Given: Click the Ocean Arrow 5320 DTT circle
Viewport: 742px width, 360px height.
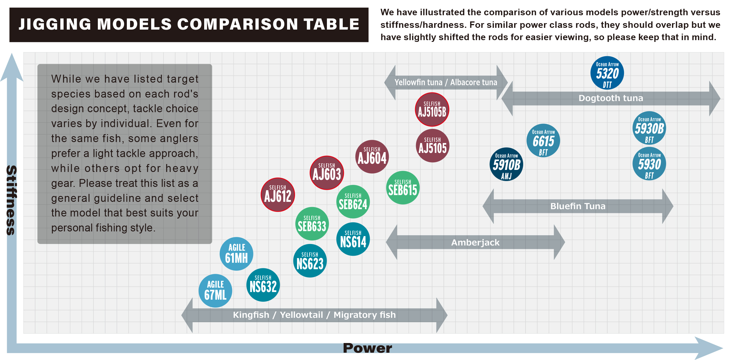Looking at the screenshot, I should (x=607, y=73).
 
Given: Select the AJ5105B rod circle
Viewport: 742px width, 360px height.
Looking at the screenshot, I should (x=432, y=110).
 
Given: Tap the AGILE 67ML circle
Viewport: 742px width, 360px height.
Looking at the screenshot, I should (x=215, y=291).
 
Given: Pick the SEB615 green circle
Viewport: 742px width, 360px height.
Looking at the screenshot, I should (x=403, y=188).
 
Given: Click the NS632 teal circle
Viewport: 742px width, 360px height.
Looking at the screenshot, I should (x=263, y=285).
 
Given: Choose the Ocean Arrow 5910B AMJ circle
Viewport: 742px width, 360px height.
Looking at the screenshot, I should (x=506, y=164).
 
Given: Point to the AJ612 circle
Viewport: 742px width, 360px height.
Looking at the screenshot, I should (x=278, y=194).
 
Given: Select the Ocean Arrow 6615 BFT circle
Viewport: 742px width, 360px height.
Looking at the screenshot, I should (x=543, y=141).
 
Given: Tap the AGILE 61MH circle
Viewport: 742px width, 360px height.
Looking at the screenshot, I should (x=236, y=254).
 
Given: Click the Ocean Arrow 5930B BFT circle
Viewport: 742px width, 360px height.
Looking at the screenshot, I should (x=649, y=128).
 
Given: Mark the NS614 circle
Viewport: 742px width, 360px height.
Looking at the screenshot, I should (x=353, y=239).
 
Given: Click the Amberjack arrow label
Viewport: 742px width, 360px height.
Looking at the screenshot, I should (x=475, y=243).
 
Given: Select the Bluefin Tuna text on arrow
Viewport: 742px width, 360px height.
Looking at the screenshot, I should (x=578, y=206).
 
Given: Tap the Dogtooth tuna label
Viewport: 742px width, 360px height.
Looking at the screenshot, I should (x=611, y=98).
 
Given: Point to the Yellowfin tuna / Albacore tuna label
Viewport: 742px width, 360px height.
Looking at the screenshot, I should (x=446, y=82).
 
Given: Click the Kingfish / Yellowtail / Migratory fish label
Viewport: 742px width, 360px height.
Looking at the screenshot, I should (x=314, y=315).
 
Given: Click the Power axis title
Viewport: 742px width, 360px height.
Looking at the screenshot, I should (x=367, y=348).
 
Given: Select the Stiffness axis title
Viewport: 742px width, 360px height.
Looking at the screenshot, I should (x=11, y=200).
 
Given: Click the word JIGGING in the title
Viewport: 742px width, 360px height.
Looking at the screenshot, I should (x=55, y=24).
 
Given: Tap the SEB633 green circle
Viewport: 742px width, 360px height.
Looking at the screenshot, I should (x=312, y=224).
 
